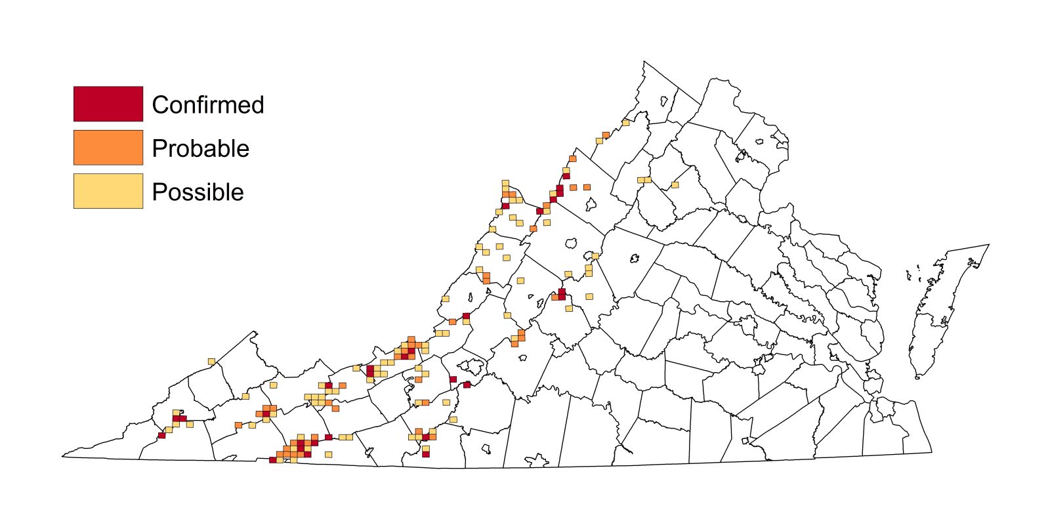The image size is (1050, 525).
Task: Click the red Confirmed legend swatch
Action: click(108, 104)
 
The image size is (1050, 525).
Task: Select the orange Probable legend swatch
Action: click(108, 147)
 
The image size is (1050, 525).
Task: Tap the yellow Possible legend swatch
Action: click(108, 191)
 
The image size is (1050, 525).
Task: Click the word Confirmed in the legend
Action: click(207, 105)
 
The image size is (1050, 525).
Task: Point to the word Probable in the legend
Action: click(200, 148)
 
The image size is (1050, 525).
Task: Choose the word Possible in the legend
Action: click(198, 192)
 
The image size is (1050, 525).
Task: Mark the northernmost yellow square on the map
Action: click(625, 122)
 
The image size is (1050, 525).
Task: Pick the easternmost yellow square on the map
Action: click(675, 185)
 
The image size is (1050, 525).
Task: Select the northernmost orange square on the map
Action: click(606, 135)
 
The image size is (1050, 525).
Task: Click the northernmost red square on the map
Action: click(566, 176)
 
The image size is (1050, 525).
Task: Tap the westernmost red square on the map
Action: click(161, 435)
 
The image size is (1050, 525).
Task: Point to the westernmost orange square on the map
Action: click(238, 426)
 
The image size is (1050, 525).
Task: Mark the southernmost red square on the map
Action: click(272, 460)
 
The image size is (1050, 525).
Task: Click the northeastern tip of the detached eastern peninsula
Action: click(988, 245)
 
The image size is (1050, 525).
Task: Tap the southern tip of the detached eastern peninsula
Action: click(917, 378)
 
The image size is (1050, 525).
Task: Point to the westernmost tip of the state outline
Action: click(63, 456)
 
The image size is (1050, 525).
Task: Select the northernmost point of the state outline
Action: click(644, 62)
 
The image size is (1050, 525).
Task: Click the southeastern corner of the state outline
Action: click(931, 452)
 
